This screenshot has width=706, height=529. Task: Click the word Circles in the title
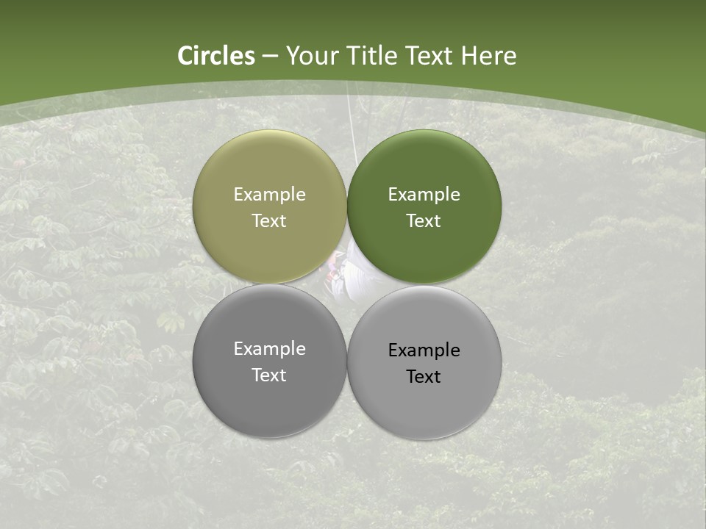click(216, 56)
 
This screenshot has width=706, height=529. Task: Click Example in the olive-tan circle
click(269, 195)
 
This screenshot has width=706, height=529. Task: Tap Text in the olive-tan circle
click(269, 221)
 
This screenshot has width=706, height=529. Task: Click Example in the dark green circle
click(424, 195)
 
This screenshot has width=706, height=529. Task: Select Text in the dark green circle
click(424, 221)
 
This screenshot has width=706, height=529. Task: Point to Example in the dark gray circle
click(269, 349)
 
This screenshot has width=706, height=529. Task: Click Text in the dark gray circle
click(269, 375)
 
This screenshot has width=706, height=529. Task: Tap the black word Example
click(424, 350)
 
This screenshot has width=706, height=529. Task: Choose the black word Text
click(424, 377)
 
